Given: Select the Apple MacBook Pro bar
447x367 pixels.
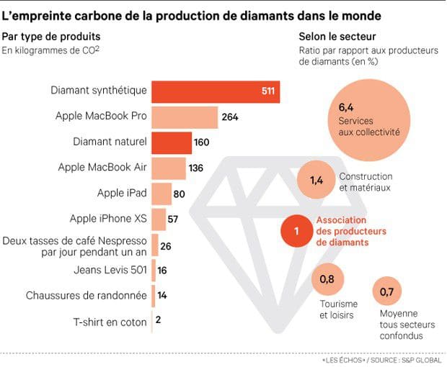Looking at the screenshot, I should click(184, 117).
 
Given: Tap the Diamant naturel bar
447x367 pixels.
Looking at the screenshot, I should click(172, 142).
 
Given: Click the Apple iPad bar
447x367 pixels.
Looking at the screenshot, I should click(161, 194).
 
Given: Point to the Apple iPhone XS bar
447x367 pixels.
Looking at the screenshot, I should click(157, 219).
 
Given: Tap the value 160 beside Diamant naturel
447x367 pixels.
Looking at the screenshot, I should click(201, 142).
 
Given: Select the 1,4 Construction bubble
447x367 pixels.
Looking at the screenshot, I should click(317, 181).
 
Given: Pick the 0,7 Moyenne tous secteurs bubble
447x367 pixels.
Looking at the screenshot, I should click(388, 292).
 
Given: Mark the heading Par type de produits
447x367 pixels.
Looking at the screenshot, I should click(51, 37).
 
